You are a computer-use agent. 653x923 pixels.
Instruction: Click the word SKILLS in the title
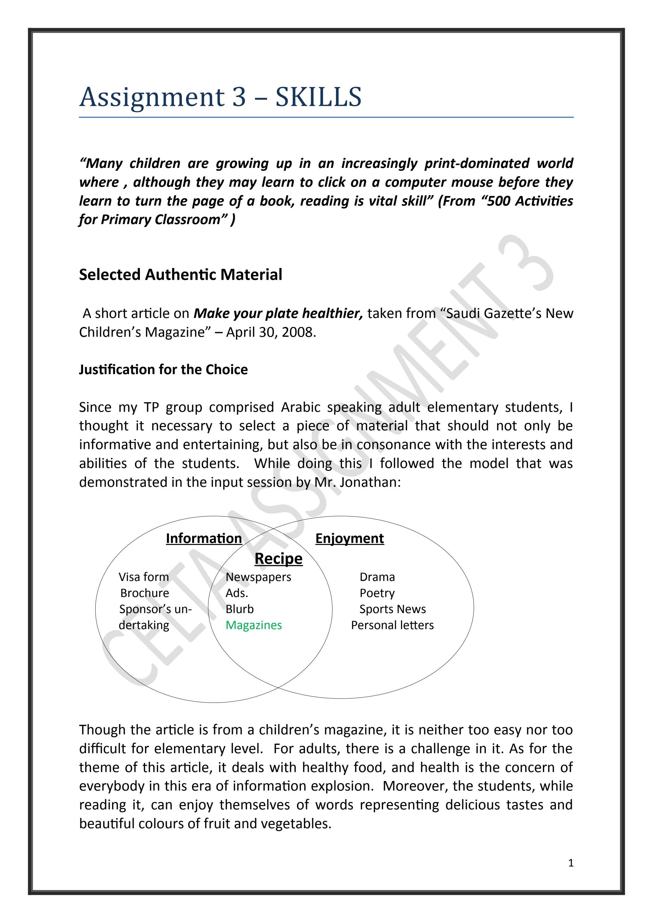click(x=318, y=97)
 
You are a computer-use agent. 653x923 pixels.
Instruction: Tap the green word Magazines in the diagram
click(x=254, y=625)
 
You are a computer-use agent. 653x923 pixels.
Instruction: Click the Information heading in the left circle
click(x=204, y=538)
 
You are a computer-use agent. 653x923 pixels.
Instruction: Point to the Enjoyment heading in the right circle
click(x=350, y=538)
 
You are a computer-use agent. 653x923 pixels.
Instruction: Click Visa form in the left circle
click(x=144, y=577)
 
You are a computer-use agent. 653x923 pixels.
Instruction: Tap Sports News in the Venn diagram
click(x=392, y=609)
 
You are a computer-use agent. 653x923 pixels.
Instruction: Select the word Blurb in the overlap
click(x=240, y=609)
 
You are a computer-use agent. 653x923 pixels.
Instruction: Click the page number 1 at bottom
click(x=571, y=863)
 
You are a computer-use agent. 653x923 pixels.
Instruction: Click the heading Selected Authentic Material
click(x=181, y=274)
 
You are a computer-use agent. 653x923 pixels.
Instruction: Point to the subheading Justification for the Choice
click(x=163, y=370)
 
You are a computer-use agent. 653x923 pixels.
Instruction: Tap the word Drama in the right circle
click(x=377, y=577)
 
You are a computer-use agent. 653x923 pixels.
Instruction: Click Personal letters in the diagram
click(x=392, y=625)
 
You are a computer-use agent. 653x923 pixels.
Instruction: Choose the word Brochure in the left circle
click(x=145, y=593)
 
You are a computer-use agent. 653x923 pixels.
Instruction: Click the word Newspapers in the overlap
click(x=258, y=577)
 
